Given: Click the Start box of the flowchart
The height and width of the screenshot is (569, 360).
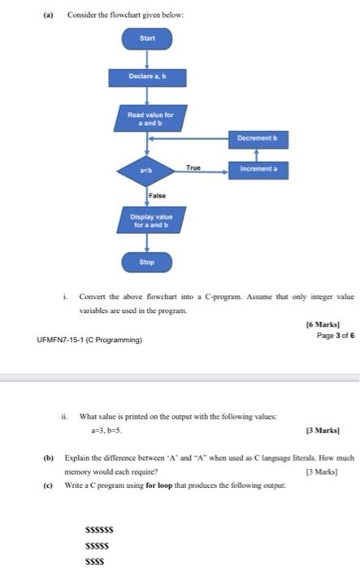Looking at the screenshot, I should pos(147,38).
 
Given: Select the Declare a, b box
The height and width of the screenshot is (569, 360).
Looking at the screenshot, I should pos(147,78).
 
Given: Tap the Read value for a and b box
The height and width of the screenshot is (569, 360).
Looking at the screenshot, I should pos(147,118).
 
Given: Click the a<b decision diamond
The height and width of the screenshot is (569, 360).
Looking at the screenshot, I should pos(147,170).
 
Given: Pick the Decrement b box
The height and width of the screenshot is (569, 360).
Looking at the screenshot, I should pos(258,139).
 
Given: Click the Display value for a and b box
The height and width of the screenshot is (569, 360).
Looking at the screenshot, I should pos(147,220).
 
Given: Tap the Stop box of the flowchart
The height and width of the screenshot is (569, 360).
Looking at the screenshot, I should pos(147,263).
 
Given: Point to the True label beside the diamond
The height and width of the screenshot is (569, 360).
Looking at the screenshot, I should pos(193,166).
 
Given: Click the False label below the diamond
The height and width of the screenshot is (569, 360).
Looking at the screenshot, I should pos(158,196).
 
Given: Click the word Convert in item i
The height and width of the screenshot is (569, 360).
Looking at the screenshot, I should pos(93,297).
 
